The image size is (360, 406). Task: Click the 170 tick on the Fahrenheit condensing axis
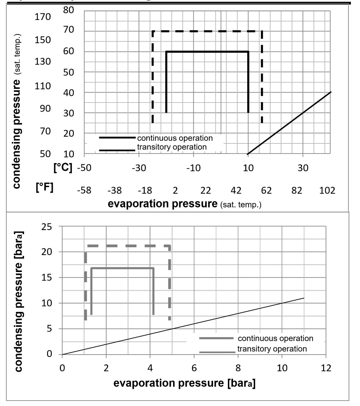point(43,17)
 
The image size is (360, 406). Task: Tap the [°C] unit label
point(63,168)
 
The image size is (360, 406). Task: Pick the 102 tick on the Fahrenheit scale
point(327,190)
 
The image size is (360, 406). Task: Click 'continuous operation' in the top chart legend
point(174,138)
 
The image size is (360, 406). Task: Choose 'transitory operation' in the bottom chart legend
point(272,348)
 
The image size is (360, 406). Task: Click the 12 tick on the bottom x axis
point(325,368)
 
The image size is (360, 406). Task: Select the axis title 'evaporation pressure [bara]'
point(184,383)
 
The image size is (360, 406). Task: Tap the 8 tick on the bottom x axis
point(238,368)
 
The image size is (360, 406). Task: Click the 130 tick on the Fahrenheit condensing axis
point(43,62)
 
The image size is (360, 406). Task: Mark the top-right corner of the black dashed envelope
point(262,31)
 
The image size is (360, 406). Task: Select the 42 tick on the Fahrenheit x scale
point(236,190)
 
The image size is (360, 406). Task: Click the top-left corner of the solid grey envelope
point(91,268)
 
